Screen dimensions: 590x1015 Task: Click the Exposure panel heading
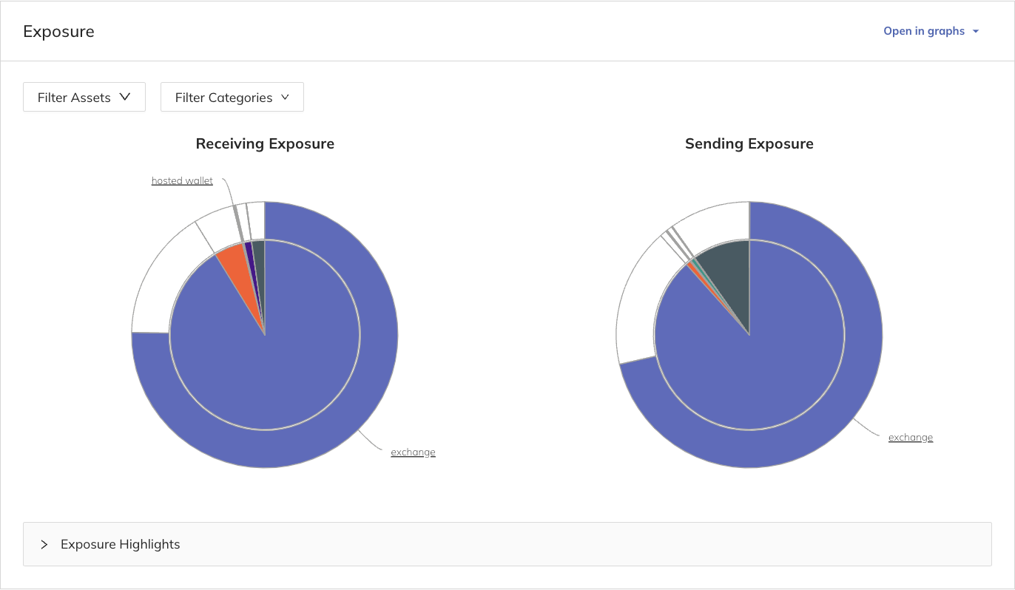pos(58,32)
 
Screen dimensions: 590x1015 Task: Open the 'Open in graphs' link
pos(924,31)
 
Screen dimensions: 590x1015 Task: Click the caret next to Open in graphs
pos(976,32)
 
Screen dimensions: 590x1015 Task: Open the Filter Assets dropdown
pos(84,97)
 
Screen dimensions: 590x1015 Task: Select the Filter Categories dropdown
pos(232,97)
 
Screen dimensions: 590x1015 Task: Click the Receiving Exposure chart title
pos(265,143)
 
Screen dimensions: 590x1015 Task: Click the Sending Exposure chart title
pos(749,143)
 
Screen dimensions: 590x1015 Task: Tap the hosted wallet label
pos(182,180)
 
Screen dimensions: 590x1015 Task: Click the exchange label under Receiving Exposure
pos(413,452)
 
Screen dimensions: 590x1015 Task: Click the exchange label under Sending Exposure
pos(910,437)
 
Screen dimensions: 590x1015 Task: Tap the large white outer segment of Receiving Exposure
pos(159,281)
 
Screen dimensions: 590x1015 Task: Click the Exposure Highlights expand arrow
pos(44,544)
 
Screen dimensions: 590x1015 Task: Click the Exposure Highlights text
pos(120,544)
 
